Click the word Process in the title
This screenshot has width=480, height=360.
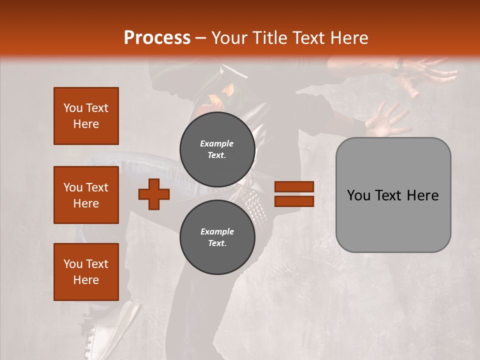(157, 38)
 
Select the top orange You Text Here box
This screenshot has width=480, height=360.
(86, 116)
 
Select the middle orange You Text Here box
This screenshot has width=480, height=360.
(86, 195)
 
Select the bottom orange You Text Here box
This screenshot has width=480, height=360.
(86, 272)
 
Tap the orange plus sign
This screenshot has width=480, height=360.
(154, 194)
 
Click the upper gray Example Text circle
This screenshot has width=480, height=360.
(217, 149)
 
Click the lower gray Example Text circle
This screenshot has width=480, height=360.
(217, 237)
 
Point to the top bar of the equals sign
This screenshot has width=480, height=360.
(294, 187)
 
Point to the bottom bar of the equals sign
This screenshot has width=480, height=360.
(294, 201)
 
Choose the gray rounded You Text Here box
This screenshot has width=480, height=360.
(393, 195)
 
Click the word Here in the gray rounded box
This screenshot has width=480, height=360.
(422, 195)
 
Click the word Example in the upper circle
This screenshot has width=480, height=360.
(217, 143)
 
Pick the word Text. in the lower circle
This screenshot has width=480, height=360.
(217, 243)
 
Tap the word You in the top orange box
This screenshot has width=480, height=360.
(72, 108)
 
